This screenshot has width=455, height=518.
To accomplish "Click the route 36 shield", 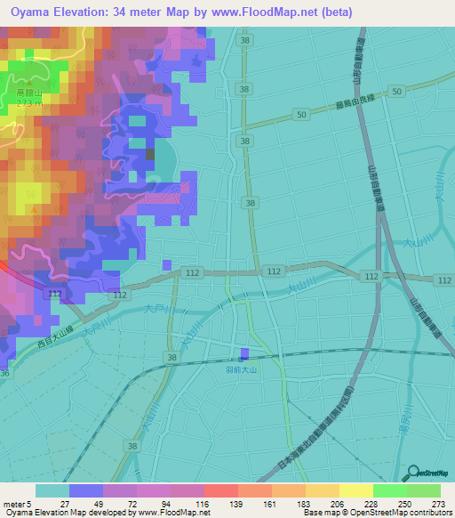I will tap(4, 374).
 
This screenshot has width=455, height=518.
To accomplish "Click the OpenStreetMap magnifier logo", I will tap(411, 473).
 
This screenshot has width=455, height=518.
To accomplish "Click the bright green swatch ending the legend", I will tap(424, 490).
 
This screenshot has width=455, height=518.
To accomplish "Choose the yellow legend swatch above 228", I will tap(356, 490).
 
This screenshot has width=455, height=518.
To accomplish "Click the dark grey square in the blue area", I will tap(149, 154).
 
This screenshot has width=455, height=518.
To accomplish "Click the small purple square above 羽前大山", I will tap(245, 353).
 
